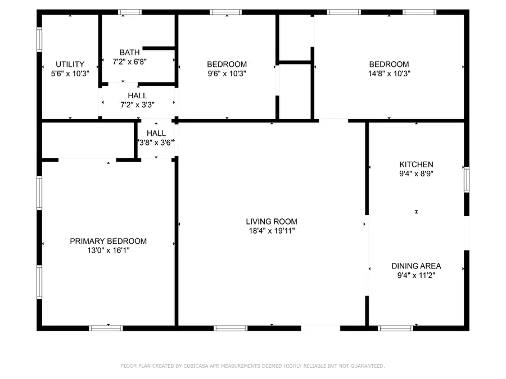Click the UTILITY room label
coord(70,64)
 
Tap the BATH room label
coord(130,52)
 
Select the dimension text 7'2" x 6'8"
coord(130,61)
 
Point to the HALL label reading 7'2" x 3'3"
coord(137,96)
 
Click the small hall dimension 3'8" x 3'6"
coord(156,143)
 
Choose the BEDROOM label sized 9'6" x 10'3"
coord(227,64)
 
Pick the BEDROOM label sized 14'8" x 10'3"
coord(388,64)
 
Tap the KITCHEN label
coord(416,165)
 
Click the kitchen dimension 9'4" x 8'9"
coord(416,173)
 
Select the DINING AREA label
coord(416,266)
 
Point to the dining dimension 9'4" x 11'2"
coord(416,275)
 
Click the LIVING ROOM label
coord(272,221)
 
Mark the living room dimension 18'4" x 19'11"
coord(272,230)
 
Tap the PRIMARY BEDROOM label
coord(108,241)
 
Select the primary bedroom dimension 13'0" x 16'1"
coord(108,250)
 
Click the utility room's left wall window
coord(39,40)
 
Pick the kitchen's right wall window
coord(466,180)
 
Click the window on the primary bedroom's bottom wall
coord(106,328)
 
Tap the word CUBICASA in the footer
coord(192,366)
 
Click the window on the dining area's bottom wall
coord(395,328)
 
